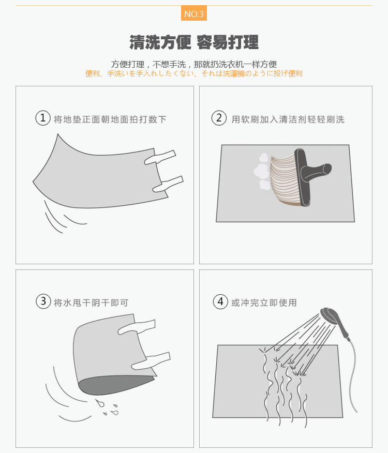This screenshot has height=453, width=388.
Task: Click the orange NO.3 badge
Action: point(193,13)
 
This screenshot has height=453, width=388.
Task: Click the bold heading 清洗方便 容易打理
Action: point(193,42)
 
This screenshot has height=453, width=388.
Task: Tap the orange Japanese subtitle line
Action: point(193,73)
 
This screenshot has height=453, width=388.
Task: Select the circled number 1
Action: point(43,118)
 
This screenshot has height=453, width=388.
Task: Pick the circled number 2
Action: point(219,118)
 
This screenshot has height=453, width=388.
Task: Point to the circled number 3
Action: point(43,301)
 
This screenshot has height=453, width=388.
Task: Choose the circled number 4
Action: point(220,301)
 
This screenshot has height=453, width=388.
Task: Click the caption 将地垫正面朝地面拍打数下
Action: point(110,119)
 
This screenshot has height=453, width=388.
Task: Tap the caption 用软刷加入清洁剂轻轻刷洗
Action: point(288,119)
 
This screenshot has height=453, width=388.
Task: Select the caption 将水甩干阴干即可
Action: point(91,303)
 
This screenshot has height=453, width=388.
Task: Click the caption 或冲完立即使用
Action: point(264,303)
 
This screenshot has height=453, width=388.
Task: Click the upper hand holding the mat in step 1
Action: point(160,157)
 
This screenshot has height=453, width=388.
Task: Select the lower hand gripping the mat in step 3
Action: point(151,361)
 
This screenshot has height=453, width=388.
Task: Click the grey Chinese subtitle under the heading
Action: point(193,64)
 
